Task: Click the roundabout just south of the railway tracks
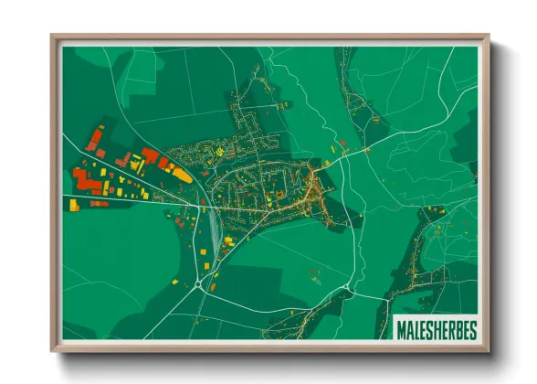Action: coord(199,286)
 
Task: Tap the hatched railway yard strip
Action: coord(214,229)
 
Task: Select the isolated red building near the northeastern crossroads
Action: coord(342,144)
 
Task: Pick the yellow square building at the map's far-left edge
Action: coord(73,206)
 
